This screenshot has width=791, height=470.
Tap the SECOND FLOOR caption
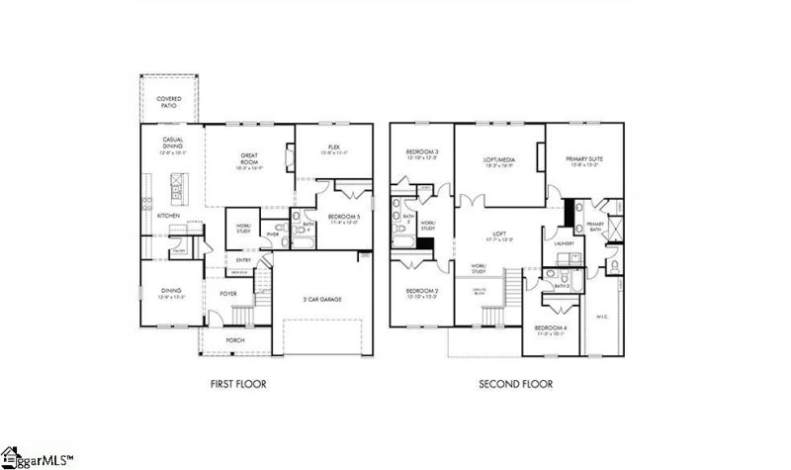click(x=515, y=384)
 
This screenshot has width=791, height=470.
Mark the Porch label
click(x=234, y=340)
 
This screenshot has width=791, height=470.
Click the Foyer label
click(x=228, y=293)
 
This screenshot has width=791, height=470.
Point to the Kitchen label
click(x=169, y=215)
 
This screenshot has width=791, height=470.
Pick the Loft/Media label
click(x=499, y=160)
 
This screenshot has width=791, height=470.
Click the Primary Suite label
click(x=584, y=161)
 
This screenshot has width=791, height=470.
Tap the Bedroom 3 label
click(x=422, y=154)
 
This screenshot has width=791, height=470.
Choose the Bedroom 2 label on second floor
click(x=422, y=293)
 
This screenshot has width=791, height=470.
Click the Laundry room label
click(x=565, y=242)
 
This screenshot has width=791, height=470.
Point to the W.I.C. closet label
click(x=602, y=317)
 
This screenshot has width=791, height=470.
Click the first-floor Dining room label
click(x=171, y=293)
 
